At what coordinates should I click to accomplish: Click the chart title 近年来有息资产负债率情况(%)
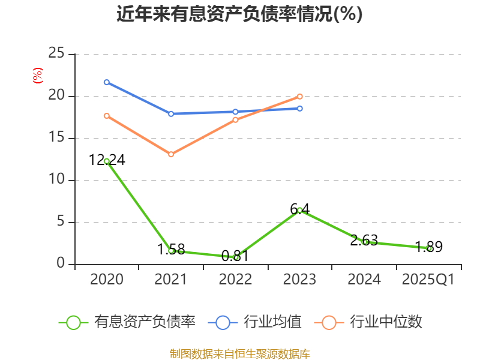point(239,14)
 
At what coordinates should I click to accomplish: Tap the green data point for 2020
point(107,161)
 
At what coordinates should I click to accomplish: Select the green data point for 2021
point(171,251)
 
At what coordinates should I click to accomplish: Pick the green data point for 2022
point(236,257)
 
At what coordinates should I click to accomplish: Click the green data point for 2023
point(299,210)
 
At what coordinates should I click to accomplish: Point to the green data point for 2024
point(365,242)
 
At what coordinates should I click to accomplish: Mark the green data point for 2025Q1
point(429,248)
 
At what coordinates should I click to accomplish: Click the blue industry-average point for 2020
point(107,82)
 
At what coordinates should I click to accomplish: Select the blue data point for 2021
point(171,113)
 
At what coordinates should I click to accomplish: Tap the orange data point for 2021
point(171,154)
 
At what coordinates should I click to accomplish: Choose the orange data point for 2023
point(299,96)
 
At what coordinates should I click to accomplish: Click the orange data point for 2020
point(107,116)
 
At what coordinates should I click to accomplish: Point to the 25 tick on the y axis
point(56,54)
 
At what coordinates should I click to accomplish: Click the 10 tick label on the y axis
point(56,180)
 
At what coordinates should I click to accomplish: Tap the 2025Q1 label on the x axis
point(428,280)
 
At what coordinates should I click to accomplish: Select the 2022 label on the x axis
point(235,280)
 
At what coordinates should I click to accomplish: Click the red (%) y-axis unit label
point(37,76)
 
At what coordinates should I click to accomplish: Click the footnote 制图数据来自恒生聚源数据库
point(239,353)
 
